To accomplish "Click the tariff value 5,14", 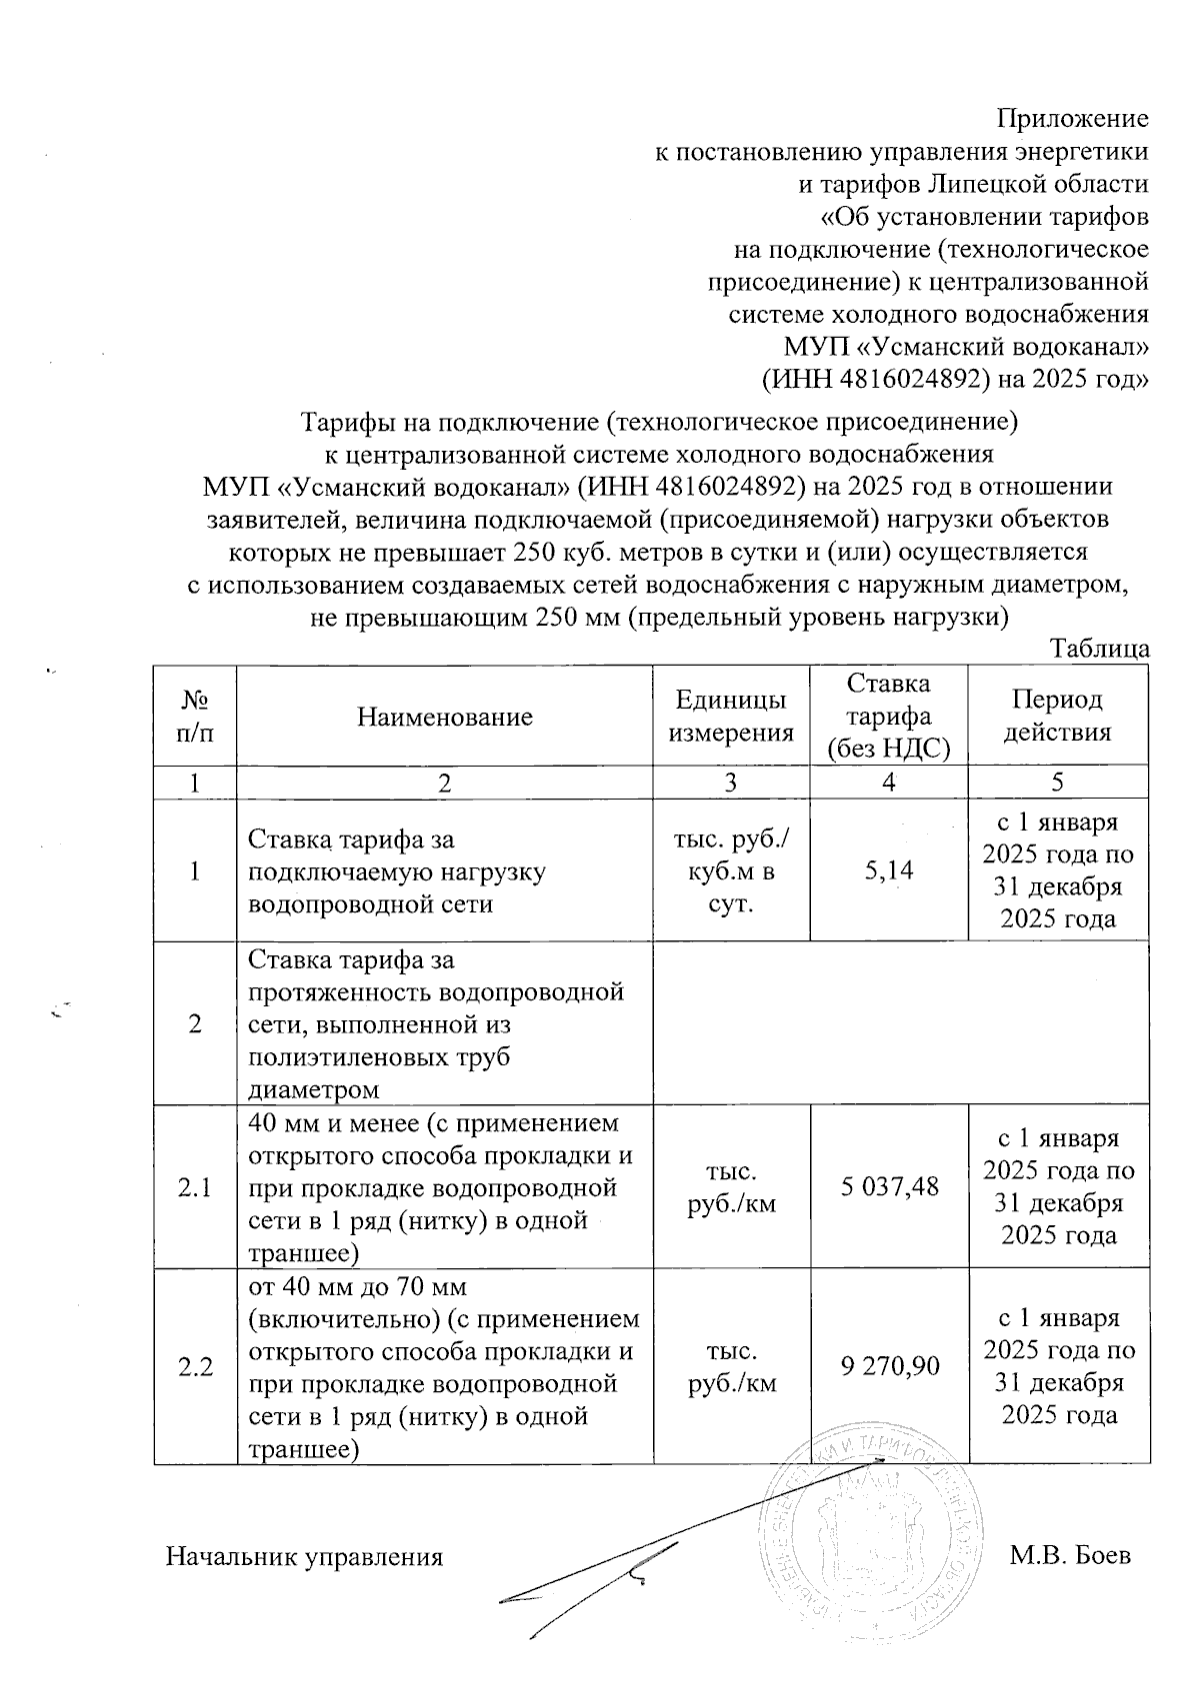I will pyautogui.click(x=888, y=870).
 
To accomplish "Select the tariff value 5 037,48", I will pyautogui.click(x=888, y=1186).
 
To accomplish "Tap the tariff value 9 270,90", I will pyautogui.click(x=888, y=1366).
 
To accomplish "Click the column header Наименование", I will pyautogui.click(x=444, y=717).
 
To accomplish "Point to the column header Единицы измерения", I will pyautogui.click(x=730, y=717).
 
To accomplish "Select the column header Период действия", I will pyautogui.click(x=1058, y=717).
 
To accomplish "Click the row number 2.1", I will pyautogui.click(x=195, y=1186).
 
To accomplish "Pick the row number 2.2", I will pyautogui.click(x=195, y=1366).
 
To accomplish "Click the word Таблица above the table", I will pyautogui.click(x=1099, y=649).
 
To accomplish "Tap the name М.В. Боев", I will pyautogui.click(x=1070, y=1556).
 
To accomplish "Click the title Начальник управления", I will pyautogui.click(x=304, y=1557).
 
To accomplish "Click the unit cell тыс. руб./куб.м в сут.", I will pyautogui.click(x=730, y=870).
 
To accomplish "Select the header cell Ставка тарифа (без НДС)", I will pyautogui.click(x=888, y=716).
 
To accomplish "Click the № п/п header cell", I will pyautogui.click(x=195, y=717).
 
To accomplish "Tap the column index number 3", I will pyautogui.click(x=730, y=784).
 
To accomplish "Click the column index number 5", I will pyautogui.click(x=1058, y=784).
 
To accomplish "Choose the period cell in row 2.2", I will pyautogui.click(x=1058, y=1366).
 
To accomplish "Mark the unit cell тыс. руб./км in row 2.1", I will pyautogui.click(x=730, y=1186).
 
